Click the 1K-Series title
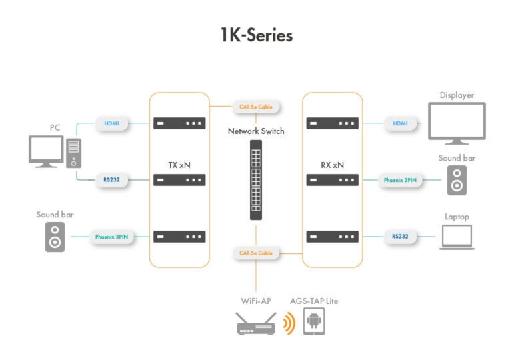coord(256,35)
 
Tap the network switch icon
coord(256,180)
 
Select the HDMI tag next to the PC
coord(112,123)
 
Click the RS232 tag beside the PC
coord(112,179)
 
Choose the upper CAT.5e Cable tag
coord(256,106)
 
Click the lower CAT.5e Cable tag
coord(256,253)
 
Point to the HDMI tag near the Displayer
coord(401,123)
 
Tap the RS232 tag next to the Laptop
coord(401,236)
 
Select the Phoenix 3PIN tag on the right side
coord(400,180)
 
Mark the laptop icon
coord(457,237)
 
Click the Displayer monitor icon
coord(457,124)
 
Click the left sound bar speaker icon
coord(55,237)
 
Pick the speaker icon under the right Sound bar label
coord(457,180)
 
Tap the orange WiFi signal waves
coord(287,324)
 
